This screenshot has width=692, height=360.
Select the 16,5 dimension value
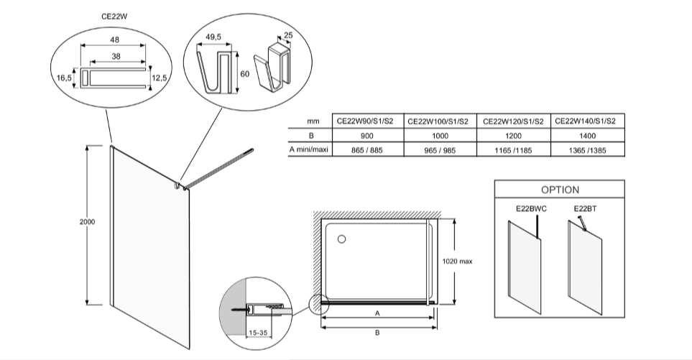(65, 78)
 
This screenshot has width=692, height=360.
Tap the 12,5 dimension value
(160, 78)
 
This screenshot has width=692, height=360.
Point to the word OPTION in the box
(560, 190)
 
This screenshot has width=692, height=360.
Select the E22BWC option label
(531, 210)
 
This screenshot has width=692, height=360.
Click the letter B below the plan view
(376, 333)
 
